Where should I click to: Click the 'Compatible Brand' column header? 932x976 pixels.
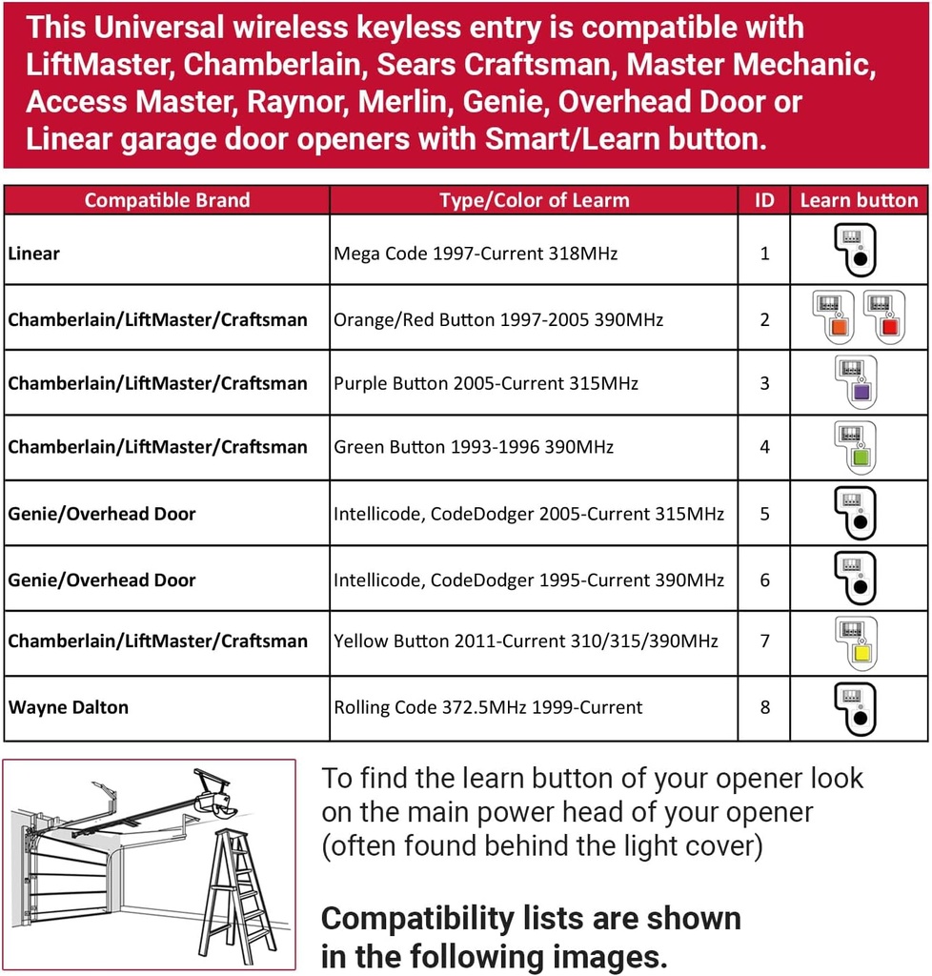pyautogui.click(x=167, y=200)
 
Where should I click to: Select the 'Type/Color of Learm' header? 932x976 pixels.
pyautogui.click(x=534, y=200)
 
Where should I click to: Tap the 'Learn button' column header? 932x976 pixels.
pyautogui.click(x=859, y=200)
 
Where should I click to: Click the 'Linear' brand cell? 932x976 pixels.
pyautogui.click(x=34, y=254)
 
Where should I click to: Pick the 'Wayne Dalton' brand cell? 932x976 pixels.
pyautogui.click(x=69, y=707)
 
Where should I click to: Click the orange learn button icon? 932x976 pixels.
pyautogui.click(x=833, y=317)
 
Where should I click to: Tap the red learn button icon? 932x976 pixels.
pyautogui.click(x=883, y=317)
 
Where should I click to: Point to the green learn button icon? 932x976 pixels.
pyautogui.click(x=859, y=447)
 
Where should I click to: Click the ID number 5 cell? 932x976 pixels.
pyautogui.click(x=764, y=514)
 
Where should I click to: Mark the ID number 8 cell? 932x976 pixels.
pyautogui.click(x=764, y=707)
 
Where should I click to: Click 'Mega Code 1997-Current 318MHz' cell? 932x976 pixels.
pyautogui.click(x=476, y=254)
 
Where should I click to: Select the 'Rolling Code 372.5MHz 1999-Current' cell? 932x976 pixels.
pyautogui.click(x=488, y=707)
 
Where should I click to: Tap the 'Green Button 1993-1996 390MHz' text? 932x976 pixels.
pyautogui.click(x=474, y=447)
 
